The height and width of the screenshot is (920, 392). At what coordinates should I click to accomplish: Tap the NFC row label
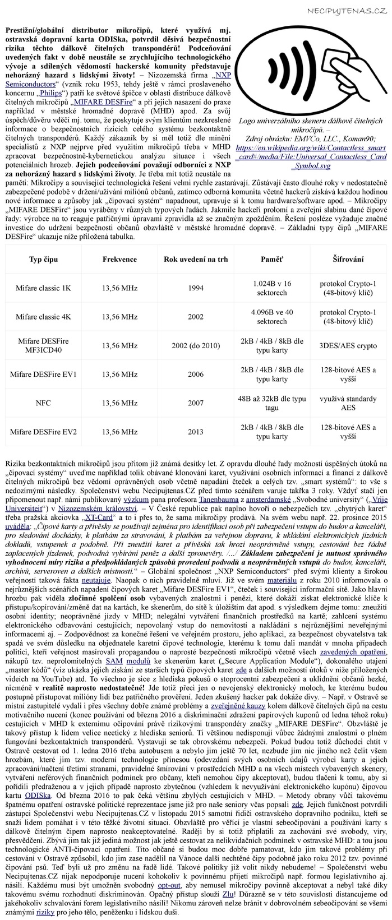[x=43, y=403]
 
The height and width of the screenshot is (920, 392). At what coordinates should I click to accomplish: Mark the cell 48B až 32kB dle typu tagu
[x=271, y=403]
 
